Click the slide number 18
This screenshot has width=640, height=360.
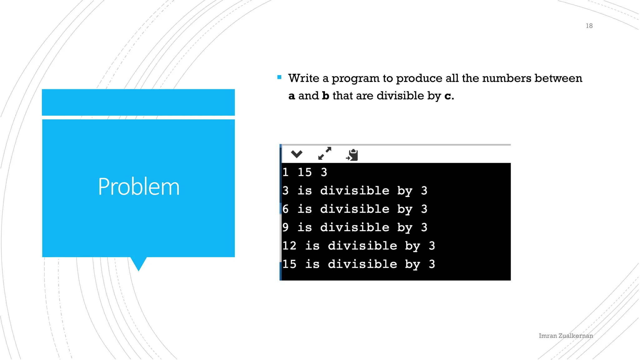[589, 26]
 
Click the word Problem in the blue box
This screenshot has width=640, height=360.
[139, 187]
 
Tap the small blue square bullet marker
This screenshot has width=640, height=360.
[279, 77]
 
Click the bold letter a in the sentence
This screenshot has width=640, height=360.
[292, 96]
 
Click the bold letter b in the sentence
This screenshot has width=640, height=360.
[326, 96]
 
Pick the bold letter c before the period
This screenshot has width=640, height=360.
[448, 96]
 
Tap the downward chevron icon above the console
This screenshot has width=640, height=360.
[296, 154]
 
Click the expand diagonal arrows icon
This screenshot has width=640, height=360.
[324, 153]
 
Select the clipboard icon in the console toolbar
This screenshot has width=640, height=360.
[352, 155]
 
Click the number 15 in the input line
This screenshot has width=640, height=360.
[304, 172]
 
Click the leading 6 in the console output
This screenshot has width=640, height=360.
[285, 209]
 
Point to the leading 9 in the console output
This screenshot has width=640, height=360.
[285, 227]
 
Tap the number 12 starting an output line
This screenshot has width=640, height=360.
[289, 246]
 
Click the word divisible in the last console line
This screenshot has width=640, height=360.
[362, 264]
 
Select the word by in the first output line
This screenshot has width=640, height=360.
[405, 191]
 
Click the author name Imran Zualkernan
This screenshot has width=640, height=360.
[566, 336]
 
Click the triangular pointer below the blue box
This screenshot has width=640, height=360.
[138, 263]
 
